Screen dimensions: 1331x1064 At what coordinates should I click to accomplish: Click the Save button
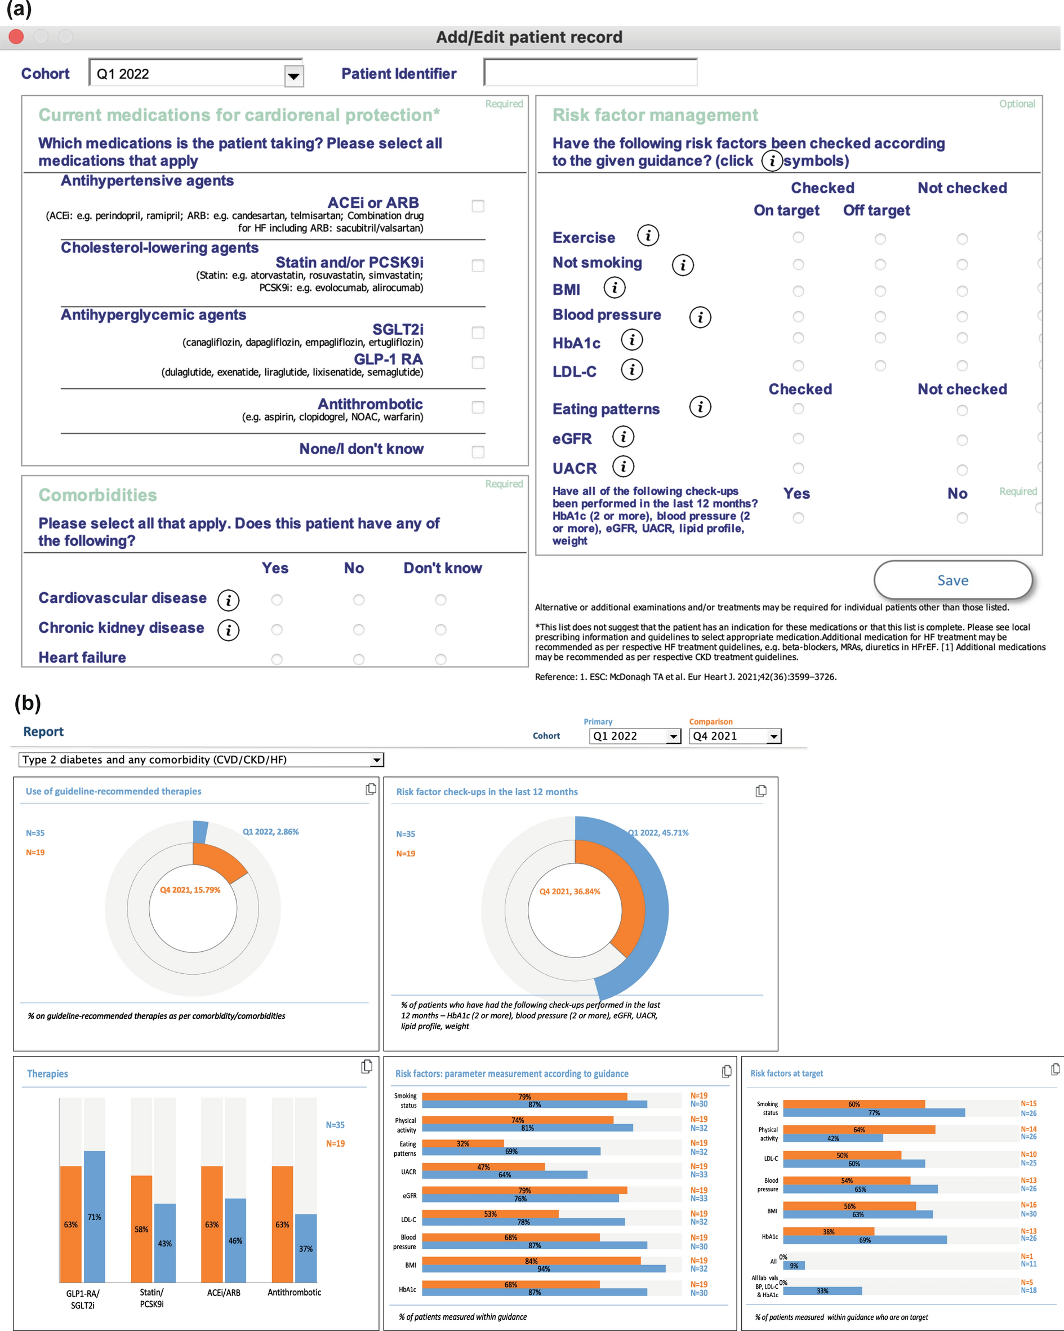coord(952,580)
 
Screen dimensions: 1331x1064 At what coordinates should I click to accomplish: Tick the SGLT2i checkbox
coord(478,332)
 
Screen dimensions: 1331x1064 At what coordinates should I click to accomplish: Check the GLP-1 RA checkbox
coord(478,362)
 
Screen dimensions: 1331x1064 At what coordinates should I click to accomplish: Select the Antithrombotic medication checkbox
coord(478,407)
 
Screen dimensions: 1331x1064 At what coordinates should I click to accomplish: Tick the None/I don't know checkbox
coord(478,452)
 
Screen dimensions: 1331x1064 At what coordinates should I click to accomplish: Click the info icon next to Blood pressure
coord(700,317)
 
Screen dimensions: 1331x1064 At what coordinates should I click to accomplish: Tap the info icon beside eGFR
coord(624,437)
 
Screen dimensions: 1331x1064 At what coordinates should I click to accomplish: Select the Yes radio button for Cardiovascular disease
coord(277,600)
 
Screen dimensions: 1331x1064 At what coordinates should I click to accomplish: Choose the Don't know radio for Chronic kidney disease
coord(440,629)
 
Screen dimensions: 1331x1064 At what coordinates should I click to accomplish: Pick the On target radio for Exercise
coord(798,237)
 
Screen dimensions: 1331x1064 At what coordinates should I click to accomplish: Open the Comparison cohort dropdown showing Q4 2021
coord(773,736)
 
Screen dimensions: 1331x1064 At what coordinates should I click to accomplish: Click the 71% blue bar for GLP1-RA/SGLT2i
coord(95,1216)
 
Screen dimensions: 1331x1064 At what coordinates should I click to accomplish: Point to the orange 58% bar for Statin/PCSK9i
coord(141,1228)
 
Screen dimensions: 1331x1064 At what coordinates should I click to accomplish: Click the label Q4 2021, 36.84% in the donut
coord(569,891)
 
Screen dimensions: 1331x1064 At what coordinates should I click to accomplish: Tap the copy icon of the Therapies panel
coord(367,1066)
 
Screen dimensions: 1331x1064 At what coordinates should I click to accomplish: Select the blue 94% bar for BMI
coord(543,1268)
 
